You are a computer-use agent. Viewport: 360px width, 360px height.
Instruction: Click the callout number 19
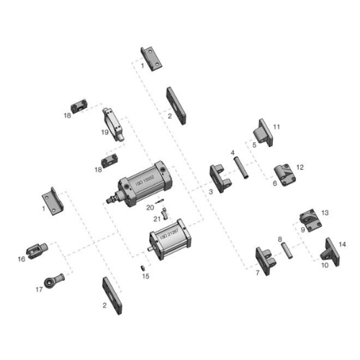[105, 132]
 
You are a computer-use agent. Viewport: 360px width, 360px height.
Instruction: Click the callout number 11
[276, 127]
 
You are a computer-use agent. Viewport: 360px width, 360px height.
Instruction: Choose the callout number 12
[300, 167]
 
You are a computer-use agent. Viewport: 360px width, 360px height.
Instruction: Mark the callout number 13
[324, 213]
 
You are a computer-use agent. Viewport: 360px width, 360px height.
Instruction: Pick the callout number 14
[342, 245]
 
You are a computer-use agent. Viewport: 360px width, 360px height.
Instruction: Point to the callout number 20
[150, 208]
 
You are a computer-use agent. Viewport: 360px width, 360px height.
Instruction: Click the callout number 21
[157, 218]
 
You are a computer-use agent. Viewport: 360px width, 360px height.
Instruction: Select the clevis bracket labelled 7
[265, 260]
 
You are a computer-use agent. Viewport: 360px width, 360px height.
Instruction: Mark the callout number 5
[254, 145]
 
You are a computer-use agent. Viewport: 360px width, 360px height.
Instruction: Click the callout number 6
[274, 183]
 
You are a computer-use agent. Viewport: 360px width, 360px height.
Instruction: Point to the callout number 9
[303, 228]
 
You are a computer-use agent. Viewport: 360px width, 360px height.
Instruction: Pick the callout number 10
[325, 265]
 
